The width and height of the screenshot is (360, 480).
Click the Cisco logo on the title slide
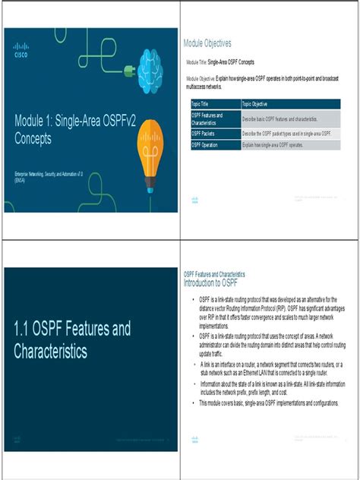click(x=21, y=51)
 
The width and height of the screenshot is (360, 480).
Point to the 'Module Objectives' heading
click(x=207, y=43)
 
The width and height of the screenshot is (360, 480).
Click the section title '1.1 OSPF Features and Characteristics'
click(x=72, y=339)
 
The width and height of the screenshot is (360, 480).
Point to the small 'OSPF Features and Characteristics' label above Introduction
click(x=214, y=274)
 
